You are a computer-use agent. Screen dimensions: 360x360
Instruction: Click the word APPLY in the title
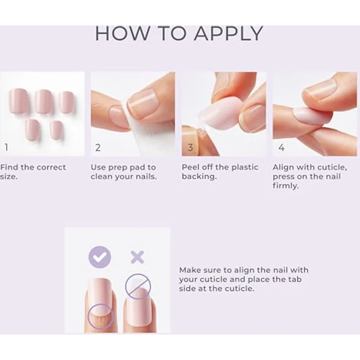tap(228, 34)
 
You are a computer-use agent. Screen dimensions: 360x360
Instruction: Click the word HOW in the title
tap(122, 34)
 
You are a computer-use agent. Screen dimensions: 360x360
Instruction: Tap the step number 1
tap(6, 147)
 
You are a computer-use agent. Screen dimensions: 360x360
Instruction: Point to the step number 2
tap(98, 148)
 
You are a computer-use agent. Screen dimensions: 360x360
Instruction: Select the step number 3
tap(190, 148)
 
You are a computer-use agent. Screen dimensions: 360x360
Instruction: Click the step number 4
tap(281, 148)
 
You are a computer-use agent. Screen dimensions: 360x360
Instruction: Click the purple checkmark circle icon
tap(100, 257)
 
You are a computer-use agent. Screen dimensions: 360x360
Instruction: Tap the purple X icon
tap(137, 257)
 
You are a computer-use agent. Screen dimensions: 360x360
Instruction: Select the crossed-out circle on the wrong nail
tap(138, 286)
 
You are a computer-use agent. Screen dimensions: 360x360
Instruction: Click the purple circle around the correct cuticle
tap(101, 316)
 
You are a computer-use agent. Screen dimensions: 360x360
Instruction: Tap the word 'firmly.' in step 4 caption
tap(286, 185)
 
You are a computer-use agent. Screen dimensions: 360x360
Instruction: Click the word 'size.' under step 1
tap(8, 177)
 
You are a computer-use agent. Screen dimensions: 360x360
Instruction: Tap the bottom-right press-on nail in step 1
tap(57, 130)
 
